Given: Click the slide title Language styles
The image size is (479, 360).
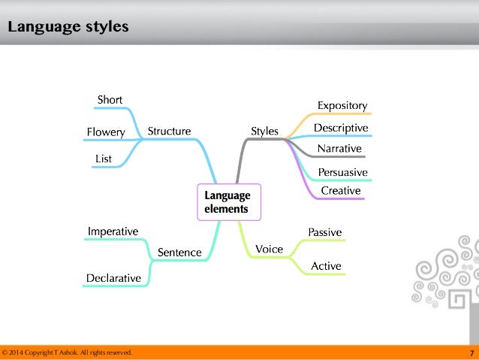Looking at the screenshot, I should (x=68, y=28).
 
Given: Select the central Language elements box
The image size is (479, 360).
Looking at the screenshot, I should (x=229, y=201).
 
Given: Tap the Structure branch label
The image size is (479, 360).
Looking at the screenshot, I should (x=169, y=132).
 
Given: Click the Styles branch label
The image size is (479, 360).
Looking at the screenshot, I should (x=264, y=132).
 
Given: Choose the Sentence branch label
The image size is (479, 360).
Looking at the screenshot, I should (x=179, y=253).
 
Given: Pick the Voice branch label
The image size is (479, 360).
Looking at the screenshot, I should (x=269, y=249).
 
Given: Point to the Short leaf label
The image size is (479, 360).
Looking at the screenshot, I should (x=110, y=100).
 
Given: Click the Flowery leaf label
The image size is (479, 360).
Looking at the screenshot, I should (x=106, y=132).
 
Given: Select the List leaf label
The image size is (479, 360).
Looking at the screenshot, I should (x=104, y=159).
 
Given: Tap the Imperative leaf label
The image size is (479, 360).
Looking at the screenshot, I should (x=113, y=231).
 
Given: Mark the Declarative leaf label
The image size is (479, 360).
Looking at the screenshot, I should (x=113, y=278).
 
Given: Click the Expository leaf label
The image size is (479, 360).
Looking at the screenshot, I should (x=342, y=105).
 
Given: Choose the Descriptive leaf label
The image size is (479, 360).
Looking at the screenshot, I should (x=341, y=128).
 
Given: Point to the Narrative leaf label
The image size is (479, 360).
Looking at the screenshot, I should (x=339, y=148).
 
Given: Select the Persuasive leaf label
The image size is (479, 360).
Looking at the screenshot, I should (x=342, y=172).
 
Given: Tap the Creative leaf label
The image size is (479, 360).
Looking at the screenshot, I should (x=341, y=191).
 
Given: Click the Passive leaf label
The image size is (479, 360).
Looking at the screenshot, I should (x=325, y=232).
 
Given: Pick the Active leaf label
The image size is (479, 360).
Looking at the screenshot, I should (x=326, y=266).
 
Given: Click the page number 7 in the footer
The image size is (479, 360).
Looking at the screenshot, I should (x=471, y=352).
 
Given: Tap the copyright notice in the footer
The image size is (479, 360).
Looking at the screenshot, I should (x=68, y=352).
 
